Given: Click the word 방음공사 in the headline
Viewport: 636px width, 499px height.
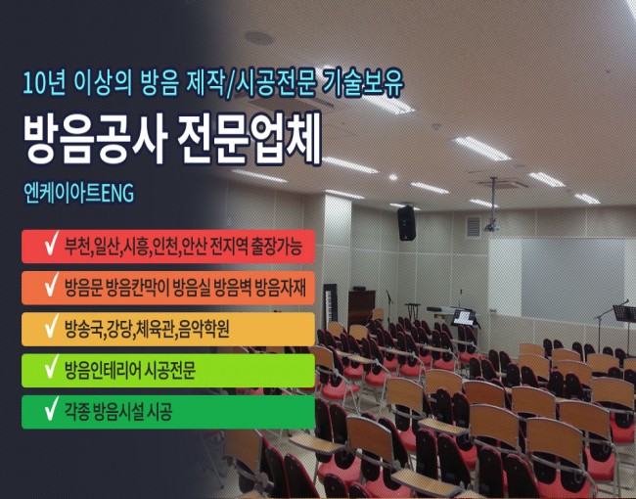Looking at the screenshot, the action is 95,138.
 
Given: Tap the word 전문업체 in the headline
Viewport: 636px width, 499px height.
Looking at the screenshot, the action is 250,138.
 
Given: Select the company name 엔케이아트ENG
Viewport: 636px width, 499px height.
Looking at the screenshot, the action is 78,193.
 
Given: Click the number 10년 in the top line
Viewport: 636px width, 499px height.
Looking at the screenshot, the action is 44,83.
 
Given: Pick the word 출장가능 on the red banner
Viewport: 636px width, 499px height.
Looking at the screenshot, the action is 277,247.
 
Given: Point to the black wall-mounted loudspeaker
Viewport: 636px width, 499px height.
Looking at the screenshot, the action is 406,223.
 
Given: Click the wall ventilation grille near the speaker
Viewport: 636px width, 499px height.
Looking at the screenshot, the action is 474,227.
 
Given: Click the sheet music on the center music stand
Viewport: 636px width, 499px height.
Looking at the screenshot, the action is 463,317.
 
